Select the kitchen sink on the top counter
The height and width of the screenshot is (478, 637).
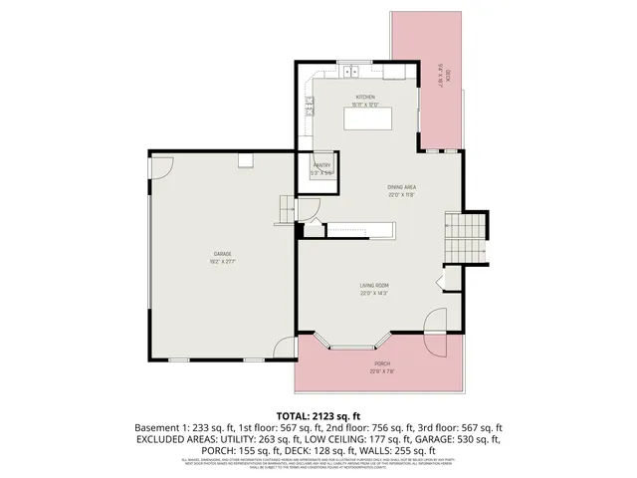click(x=351, y=73)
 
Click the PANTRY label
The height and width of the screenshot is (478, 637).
click(x=321, y=165)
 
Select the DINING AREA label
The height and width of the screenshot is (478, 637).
click(x=401, y=187)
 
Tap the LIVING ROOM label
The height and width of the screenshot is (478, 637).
click(x=373, y=286)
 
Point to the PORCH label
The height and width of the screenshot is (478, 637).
click(x=381, y=364)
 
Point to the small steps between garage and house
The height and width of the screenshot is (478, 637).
click(x=287, y=209)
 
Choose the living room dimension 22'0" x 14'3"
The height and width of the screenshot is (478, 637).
click(x=373, y=294)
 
